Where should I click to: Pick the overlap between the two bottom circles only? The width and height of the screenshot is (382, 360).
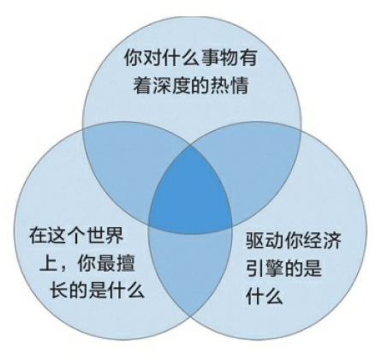tap(191, 266)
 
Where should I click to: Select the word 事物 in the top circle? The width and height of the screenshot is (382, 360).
tap(219, 57)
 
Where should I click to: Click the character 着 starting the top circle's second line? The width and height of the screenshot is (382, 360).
tap(142, 85)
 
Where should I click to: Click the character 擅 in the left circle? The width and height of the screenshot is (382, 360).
tap(125, 262)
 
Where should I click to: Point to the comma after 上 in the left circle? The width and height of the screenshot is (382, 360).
tap(63, 268)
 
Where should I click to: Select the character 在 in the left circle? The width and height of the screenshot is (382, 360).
tap(39, 235)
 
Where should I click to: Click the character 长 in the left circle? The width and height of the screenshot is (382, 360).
tap(59, 290)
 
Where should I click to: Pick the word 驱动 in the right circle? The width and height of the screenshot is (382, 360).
tap(265, 240)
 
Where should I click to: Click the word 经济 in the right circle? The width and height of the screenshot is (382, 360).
tap(323, 240)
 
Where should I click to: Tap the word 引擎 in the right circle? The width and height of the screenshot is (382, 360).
tap(265, 267)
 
